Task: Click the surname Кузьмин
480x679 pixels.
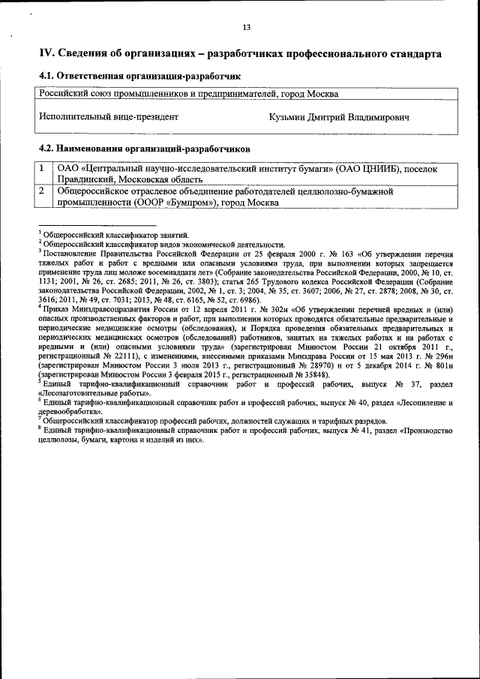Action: (289, 118)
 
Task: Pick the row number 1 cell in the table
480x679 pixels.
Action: (45, 170)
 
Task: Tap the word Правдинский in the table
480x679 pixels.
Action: (86, 180)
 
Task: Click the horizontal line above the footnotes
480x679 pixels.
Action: (97, 226)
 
